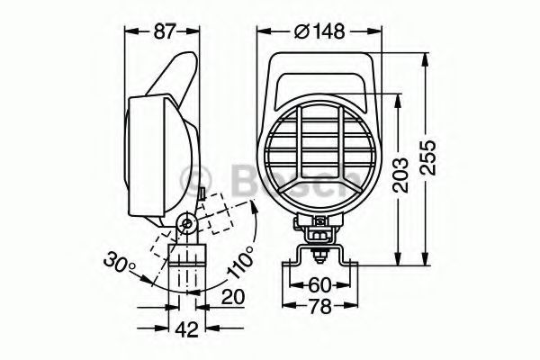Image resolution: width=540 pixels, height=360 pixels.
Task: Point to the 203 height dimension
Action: click(x=401, y=175)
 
